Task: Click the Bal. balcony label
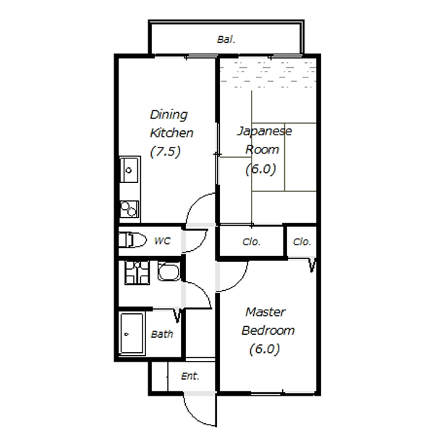[226, 40]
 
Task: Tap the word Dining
[169, 114]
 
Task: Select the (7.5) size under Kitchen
[165, 152]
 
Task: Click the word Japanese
[265, 131]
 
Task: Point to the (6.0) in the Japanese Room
[260, 169]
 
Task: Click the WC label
[163, 241]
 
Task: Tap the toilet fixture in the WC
[132, 240]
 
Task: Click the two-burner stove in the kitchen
[129, 209]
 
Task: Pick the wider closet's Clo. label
[251, 242]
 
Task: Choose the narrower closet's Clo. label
[302, 242]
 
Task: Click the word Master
[265, 312]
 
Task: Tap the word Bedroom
[268, 331]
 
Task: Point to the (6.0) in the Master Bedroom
[264, 349]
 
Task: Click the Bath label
[162, 334]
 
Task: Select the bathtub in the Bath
[132, 333]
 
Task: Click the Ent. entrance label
[190, 376]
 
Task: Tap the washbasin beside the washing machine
[169, 272]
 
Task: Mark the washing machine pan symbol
[137, 273]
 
